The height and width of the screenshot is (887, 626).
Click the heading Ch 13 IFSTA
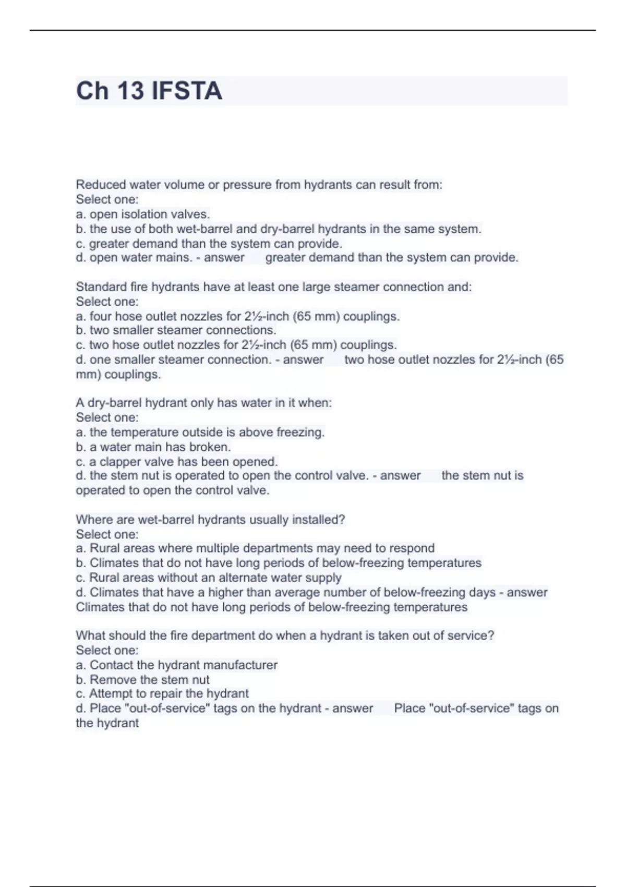pos(149,91)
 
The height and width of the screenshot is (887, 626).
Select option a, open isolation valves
pos(143,214)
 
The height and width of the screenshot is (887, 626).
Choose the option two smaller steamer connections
pos(176,330)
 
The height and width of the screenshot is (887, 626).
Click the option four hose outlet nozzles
pos(237,316)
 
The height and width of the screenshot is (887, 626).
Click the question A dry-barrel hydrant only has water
pos(203,403)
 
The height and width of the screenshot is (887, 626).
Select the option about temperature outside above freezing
pos(200,432)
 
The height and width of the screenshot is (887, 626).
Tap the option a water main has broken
pos(153,447)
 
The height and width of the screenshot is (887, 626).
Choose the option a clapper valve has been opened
pos(177,462)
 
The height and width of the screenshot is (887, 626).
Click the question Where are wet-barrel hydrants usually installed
pos(210,520)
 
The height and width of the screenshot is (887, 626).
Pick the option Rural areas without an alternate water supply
pos(209,578)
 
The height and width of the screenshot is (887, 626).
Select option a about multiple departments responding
pos(255,548)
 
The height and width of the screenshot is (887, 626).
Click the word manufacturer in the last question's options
pos(240,665)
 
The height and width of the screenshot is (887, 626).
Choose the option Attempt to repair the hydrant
pos(162,693)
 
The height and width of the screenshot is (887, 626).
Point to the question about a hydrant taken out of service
pos(285,636)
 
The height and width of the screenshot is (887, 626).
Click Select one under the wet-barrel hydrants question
pos(107,534)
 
